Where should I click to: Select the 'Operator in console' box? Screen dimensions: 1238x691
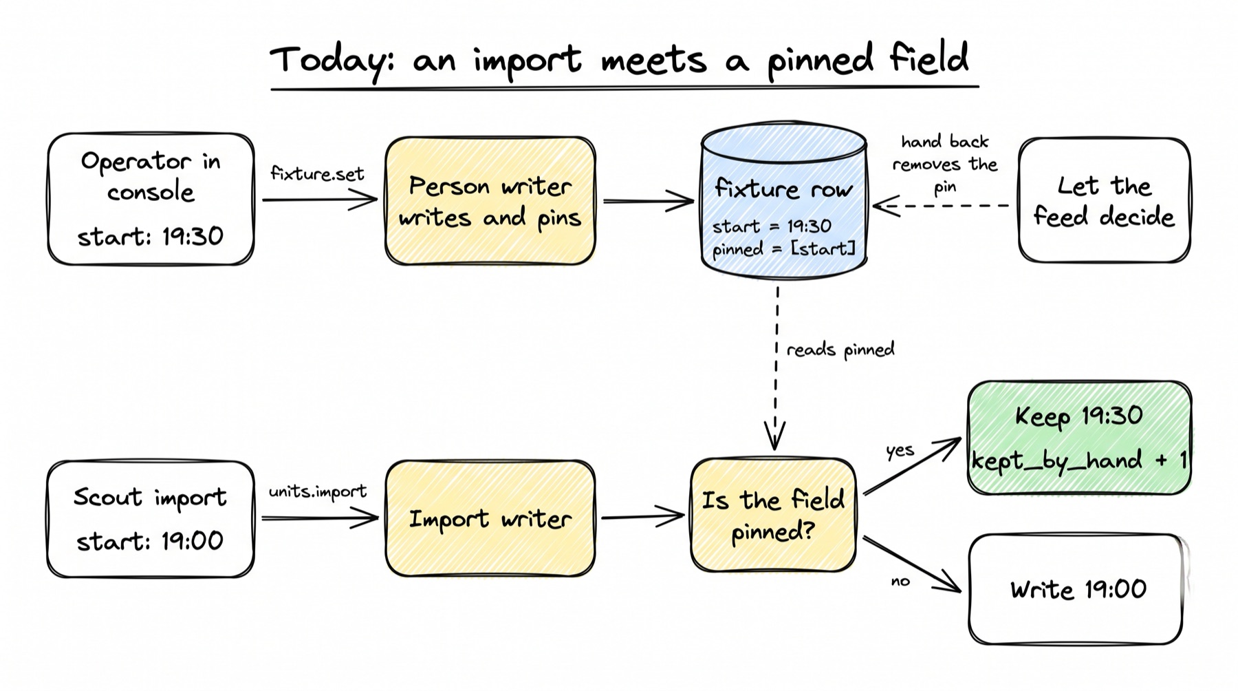click(151, 199)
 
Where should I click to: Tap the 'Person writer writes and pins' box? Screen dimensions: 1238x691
click(490, 201)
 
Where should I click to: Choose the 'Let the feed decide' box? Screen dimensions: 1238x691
click(1104, 200)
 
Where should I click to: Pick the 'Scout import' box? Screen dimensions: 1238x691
click(151, 519)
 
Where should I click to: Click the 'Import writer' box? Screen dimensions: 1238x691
click(490, 518)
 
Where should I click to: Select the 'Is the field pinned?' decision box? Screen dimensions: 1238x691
click(773, 515)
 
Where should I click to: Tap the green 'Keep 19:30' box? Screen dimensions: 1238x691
click(1079, 438)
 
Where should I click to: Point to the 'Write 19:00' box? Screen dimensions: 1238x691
click(1078, 589)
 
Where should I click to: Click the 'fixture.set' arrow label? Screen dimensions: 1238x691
click(317, 173)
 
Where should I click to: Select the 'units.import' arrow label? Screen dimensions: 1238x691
click(318, 491)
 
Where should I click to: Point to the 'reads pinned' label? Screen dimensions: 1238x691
click(840, 350)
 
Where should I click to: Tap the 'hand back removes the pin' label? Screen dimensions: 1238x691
click(945, 164)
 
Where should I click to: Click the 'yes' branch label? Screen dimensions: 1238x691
click(900, 451)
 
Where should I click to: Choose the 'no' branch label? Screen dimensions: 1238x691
click(900, 582)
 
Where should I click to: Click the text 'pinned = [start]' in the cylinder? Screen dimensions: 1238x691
click(783, 248)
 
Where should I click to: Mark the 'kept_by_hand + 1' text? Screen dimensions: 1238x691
click(1079, 460)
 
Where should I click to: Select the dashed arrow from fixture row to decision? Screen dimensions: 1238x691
click(777, 368)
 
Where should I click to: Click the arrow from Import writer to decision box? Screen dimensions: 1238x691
click(643, 516)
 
